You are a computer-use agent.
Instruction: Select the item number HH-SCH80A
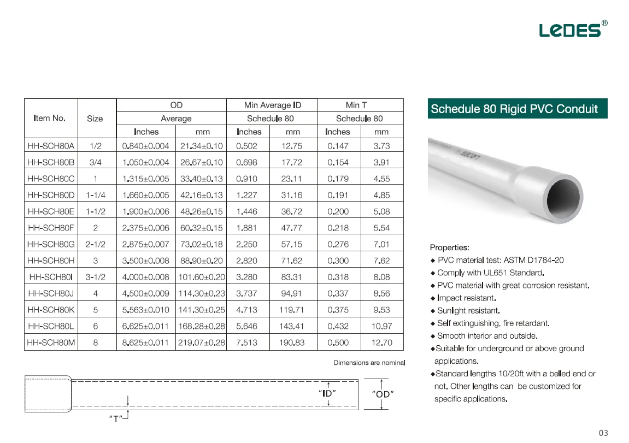point(51,146)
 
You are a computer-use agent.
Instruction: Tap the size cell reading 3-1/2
point(95,277)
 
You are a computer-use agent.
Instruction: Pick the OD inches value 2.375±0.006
point(146,228)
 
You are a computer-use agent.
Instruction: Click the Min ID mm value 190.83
point(292,342)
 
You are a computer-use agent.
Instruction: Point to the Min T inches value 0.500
point(338,342)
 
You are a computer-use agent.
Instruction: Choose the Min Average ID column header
point(272,105)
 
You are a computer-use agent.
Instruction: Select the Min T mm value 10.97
point(381,326)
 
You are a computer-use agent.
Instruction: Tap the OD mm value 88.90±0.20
point(201,261)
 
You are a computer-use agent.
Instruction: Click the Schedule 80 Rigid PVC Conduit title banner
point(514,109)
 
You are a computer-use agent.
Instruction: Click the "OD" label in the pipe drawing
point(383,394)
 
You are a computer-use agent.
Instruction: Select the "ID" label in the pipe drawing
point(327,393)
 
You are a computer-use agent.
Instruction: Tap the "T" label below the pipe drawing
point(115,420)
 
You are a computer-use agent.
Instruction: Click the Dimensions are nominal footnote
point(369,363)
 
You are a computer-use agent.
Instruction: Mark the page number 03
point(603,433)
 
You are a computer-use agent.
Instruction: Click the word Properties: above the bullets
point(449,247)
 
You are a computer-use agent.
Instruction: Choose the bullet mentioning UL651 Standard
point(490,273)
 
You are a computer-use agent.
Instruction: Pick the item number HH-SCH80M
point(51,342)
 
